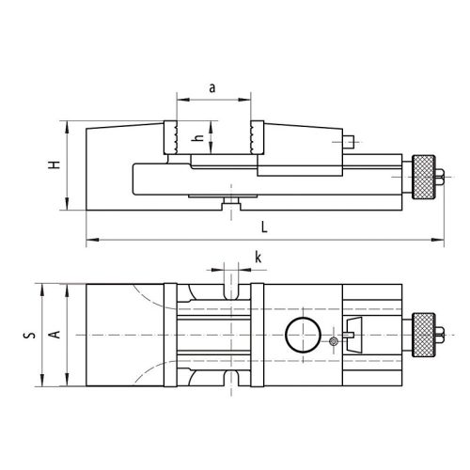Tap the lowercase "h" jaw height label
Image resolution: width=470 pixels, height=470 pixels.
(x=198, y=137)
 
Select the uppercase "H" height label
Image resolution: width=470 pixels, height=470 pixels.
(x=55, y=165)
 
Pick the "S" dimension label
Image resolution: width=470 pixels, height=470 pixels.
(x=31, y=334)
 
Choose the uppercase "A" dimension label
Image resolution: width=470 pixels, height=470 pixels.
(x=55, y=334)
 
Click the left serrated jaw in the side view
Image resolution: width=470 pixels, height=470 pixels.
(x=175, y=137)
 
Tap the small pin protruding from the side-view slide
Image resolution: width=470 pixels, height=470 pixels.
(x=350, y=142)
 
